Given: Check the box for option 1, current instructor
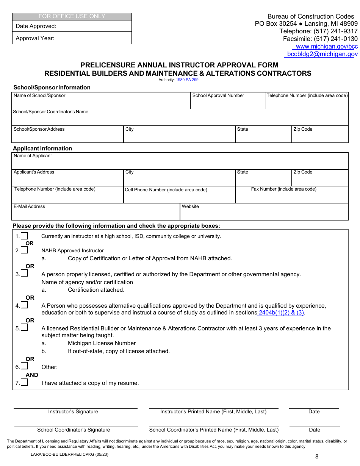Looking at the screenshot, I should tap(24, 236).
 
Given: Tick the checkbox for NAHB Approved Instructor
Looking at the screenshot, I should tap(24, 250).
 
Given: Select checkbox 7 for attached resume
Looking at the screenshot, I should tap(24, 382).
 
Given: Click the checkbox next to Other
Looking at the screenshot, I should tap(24, 366).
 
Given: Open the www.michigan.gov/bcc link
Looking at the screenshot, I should tap(326, 47).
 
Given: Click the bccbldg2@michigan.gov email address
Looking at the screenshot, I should tap(322, 54).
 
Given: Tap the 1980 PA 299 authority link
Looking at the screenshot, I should tap(187, 80).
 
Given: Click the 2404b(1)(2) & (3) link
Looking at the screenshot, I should tap(282, 313).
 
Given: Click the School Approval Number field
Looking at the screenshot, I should tap(228, 102).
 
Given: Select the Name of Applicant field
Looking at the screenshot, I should tap(180, 163).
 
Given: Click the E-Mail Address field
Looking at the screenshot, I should tap(95, 214).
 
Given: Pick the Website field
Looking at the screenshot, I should tap(264, 214).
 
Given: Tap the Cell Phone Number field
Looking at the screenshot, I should tap(179, 197).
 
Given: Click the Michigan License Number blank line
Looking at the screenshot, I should tap(182, 344).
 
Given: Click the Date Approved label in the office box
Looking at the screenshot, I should tap(36, 27).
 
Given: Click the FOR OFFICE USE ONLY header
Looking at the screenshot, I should tap(72, 17).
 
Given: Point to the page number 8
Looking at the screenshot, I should tap(317, 457).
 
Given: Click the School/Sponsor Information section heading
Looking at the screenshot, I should tap(52, 88).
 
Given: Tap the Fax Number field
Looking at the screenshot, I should tap(292, 197).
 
